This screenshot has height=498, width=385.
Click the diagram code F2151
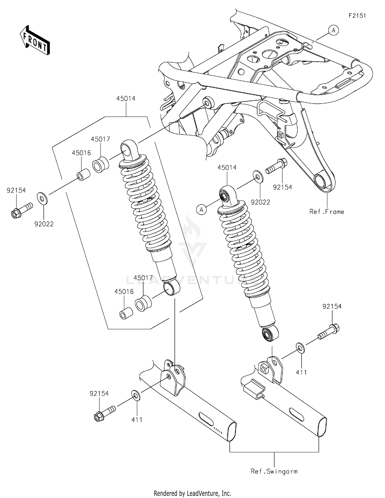point(357,16)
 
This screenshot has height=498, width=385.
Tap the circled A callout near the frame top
point(333,31)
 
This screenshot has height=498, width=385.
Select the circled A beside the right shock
point(201,210)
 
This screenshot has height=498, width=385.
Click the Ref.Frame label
point(326,212)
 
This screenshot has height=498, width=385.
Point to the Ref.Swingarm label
point(274,471)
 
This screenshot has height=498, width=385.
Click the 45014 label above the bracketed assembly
point(126,99)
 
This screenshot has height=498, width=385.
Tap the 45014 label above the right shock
point(227,168)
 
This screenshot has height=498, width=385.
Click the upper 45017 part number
point(100,139)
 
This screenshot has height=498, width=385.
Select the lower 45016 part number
point(124,291)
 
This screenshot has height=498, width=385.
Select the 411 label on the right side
point(301,372)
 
